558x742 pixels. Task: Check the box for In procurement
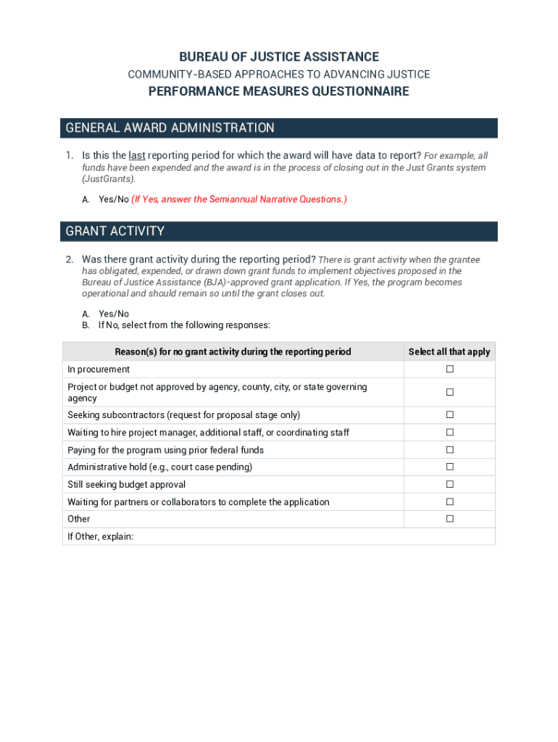(449, 369)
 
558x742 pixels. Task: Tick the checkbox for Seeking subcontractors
(449, 415)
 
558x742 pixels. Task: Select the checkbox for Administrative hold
(449, 467)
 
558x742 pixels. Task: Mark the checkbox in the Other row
(449, 519)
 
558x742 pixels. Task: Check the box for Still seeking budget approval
(449, 485)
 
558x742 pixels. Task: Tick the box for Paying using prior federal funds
(449, 450)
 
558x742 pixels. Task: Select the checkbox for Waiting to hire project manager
(449, 433)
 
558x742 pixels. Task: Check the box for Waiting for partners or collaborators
(449, 501)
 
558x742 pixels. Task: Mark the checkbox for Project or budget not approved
(449, 392)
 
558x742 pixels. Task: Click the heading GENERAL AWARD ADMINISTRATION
(170, 128)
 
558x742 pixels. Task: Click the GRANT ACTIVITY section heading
(115, 231)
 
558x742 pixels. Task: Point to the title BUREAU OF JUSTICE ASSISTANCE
(279, 57)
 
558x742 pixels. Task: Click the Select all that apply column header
(449, 351)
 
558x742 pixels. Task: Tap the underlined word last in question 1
(136, 155)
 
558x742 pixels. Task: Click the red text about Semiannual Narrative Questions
(239, 199)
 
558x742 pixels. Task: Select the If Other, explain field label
(101, 537)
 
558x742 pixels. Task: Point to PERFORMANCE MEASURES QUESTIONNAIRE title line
(279, 91)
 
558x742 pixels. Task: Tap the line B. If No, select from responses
(184, 325)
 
